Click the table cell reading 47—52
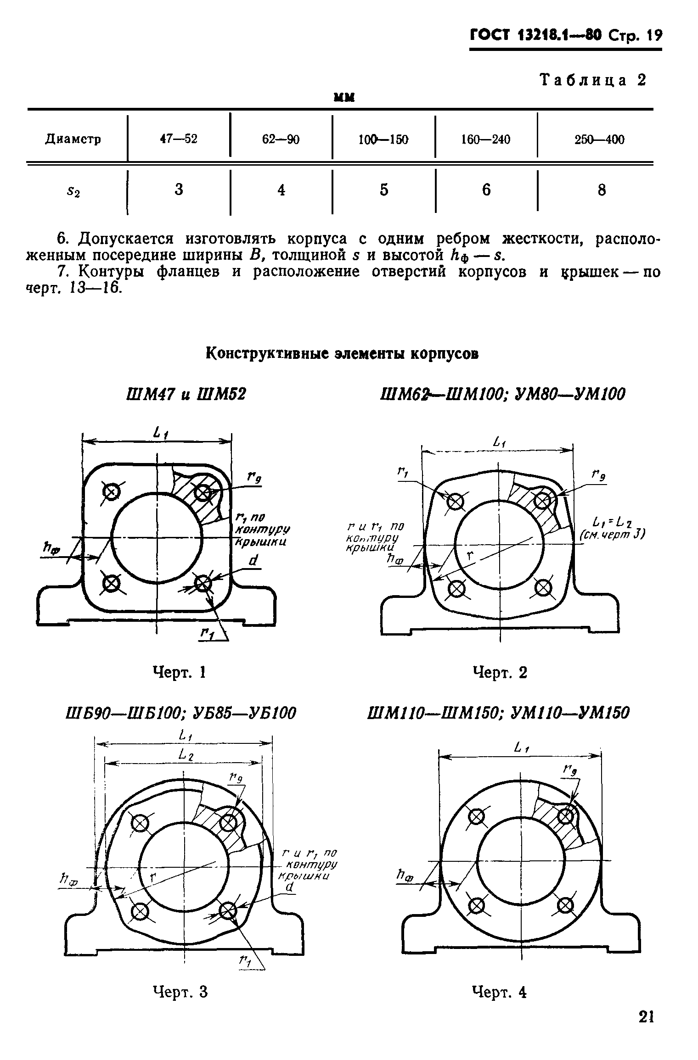(179, 139)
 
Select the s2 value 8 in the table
(602, 190)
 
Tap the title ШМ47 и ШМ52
(186, 393)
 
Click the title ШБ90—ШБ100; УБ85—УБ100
(181, 713)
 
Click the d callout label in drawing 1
(254, 561)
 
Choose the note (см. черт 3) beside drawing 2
(612, 534)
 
